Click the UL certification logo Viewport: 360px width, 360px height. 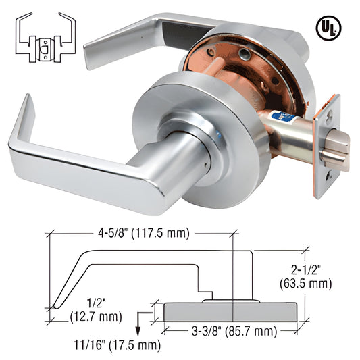click(328, 28)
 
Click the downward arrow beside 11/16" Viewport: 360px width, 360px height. click(138, 325)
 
